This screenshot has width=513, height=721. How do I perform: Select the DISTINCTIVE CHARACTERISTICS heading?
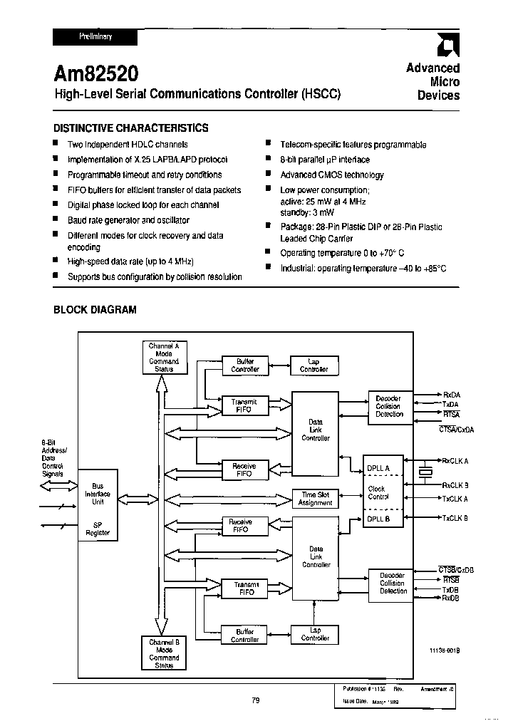click(x=132, y=128)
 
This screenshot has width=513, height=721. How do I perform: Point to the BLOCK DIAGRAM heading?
click(x=95, y=310)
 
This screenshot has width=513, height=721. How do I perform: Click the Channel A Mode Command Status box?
click(x=164, y=357)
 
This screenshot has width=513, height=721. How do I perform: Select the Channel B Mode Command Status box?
click(x=164, y=653)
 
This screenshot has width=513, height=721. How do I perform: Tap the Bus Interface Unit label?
click(x=98, y=494)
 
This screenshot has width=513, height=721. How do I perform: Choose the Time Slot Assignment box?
click(x=315, y=499)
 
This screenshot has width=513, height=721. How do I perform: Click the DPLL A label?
click(x=378, y=468)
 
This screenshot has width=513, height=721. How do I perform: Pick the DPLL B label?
click(x=378, y=519)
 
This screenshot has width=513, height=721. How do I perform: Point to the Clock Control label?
click(x=378, y=493)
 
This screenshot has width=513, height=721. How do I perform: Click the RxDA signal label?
click(x=451, y=394)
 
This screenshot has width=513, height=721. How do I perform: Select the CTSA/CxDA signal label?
click(x=456, y=430)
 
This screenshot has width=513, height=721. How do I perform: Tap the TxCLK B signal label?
click(x=455, y=518)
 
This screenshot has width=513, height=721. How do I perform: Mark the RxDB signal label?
click(x=451, y=598)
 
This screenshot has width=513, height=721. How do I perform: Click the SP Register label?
click(x=98, y=528)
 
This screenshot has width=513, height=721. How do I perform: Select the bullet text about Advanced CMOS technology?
click(x=331, y=175)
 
